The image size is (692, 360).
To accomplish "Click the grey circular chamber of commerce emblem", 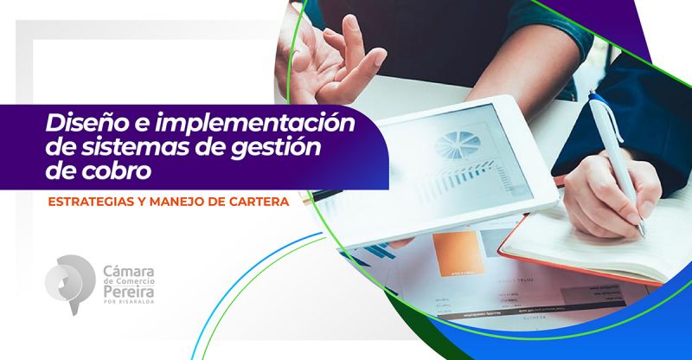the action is (x=70, y=284).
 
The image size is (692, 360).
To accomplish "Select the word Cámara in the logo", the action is (x=128, y=271).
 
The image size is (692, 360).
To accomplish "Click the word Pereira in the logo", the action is (x=128, y=292).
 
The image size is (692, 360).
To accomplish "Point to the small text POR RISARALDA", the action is (x=128, y=302).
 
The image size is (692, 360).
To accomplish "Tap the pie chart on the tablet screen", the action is (x=458, y=145).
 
